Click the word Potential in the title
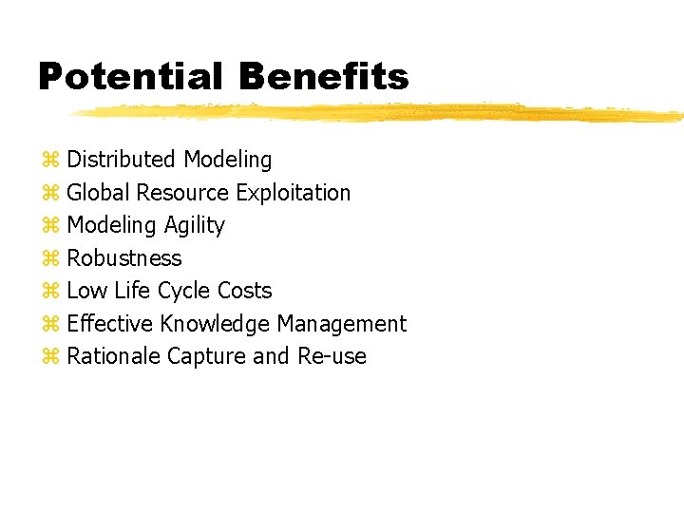[131, 77]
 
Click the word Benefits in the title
[324, 77]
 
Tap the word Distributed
[122, 160]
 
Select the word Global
[98, 193]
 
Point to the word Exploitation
[293, 193]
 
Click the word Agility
[194, 226]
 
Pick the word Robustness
[123, 258]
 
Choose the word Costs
[244, 291]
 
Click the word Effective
[109, 324]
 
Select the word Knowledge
[215, 324]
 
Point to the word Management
[341, 324]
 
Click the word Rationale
[113, 356]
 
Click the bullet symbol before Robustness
[50, 258]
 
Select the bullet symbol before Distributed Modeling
[50, 160]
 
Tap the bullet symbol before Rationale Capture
[50, 356]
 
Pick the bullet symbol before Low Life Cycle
[50, 291]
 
